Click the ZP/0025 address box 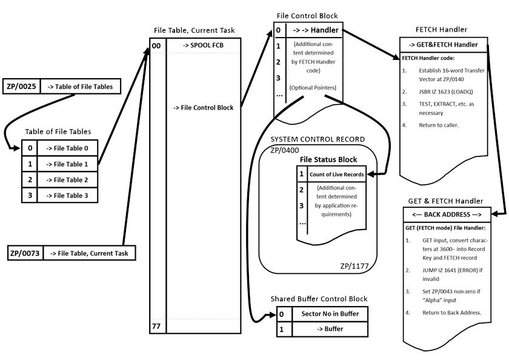(21, 87)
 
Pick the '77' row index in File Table (156, 327)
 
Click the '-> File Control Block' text (203, 108)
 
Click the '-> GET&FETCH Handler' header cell (442, 44)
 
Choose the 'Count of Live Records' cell (336, 175)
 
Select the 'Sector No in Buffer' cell (330, 314)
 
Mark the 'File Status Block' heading (328, 159)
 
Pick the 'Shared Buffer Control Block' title (319, 299)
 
